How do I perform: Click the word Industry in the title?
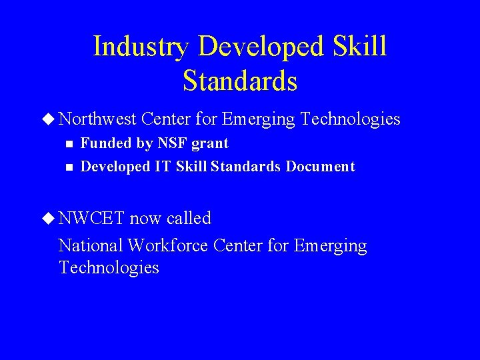point(141,47)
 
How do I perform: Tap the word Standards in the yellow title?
point(239,81)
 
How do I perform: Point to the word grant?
point(210,144)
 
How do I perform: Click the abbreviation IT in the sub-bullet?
point(163,167)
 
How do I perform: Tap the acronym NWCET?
point(91,218)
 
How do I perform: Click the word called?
point(189,218)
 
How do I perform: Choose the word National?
point(91,245)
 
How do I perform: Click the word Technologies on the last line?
point(109,267)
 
